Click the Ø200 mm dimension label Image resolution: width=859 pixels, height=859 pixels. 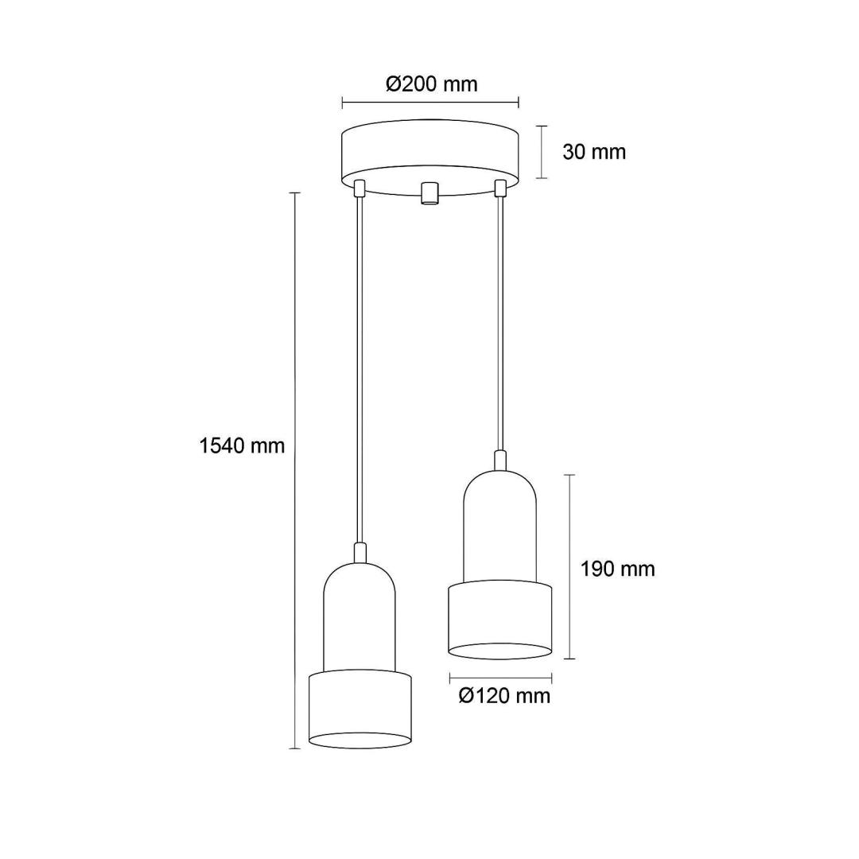click(431, 84)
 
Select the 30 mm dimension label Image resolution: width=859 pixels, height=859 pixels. click(594, 152)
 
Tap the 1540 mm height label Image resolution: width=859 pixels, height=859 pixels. click(242, 446)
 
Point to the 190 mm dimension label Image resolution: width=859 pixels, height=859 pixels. click(617, 569)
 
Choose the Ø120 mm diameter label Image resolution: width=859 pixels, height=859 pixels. click(504, 695)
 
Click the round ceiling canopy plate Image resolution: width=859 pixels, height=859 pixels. click(430, 157)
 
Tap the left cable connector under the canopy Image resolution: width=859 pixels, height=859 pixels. click(360, 189)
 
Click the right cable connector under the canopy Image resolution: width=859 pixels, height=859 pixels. click(499, 189)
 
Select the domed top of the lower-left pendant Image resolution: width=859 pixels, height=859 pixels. click(360, 617)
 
